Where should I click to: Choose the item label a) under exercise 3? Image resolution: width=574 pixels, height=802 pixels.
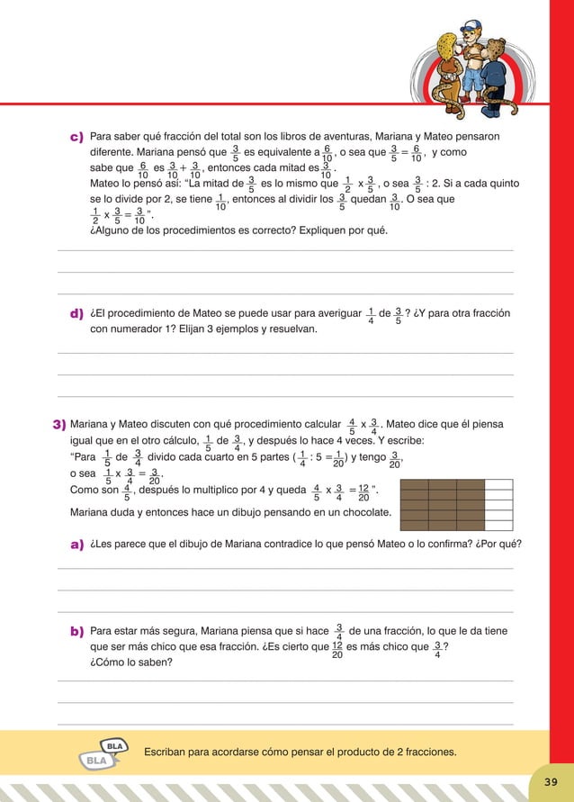point(77,545)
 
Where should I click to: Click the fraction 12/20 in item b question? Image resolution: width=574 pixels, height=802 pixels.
point(336,650)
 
